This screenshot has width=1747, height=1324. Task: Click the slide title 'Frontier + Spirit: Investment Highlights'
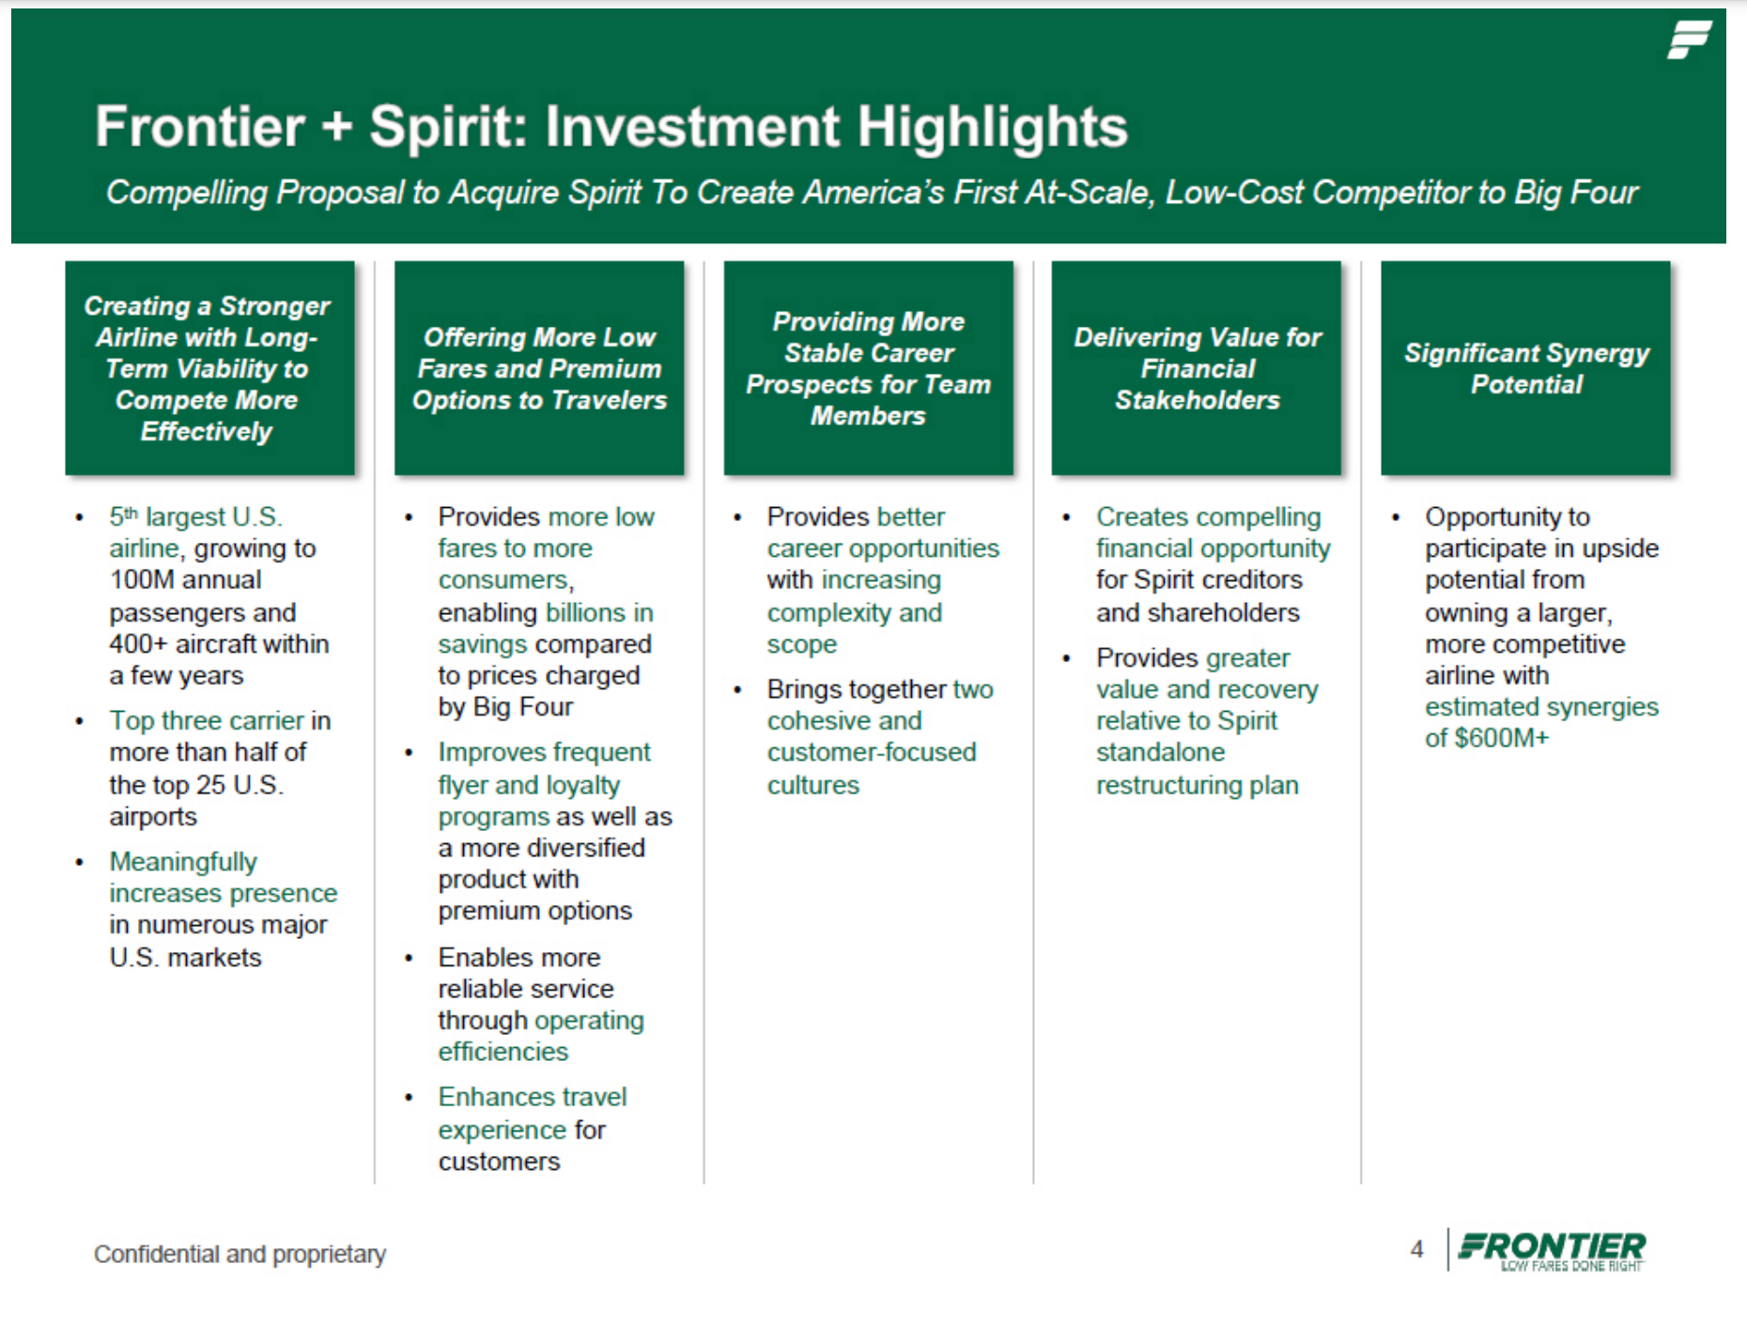click(x=611, y=127)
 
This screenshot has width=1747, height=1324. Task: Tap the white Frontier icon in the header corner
click(x=1689, y=40)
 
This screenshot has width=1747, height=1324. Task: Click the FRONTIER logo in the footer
click(x=1552, y=1250)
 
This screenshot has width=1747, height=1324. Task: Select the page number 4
click(x=1416, y=1250)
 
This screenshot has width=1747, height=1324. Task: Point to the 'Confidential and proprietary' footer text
click(x=240, y=1255)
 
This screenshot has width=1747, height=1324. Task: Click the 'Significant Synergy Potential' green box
click(x=1525, y=368)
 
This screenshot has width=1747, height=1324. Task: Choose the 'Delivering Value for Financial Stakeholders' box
click(x=1197, y=368)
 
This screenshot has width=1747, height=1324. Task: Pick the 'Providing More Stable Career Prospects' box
click(x=868, y=368)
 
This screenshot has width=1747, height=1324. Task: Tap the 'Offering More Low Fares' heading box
click(x=539, y=368)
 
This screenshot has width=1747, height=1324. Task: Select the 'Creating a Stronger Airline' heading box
click(x=209, y=368)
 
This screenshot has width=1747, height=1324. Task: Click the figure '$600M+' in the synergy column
click(x=1501, y=738)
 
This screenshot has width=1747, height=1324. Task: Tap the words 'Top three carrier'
click(x=207, y=721)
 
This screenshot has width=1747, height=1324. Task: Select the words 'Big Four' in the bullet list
click(x=523, y=707)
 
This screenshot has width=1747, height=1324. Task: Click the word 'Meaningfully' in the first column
click(x=183, y=862)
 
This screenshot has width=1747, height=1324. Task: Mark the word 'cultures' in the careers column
click(x=813, y=785)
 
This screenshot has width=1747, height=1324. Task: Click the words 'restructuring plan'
click(x=1197, y=785)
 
